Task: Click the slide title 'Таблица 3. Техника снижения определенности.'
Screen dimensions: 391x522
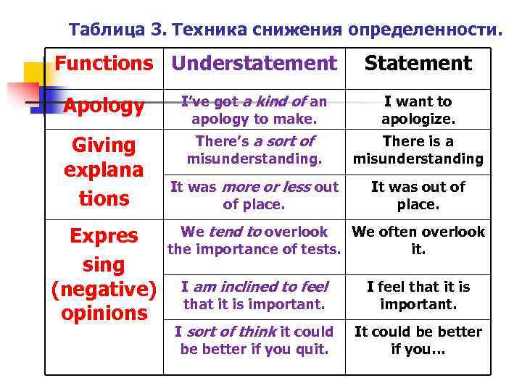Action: [284, 30]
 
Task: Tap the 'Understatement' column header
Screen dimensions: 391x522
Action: [254, 64]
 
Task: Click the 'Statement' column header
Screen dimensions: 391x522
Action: [418, 64]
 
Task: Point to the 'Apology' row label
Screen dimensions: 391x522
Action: [104, 106]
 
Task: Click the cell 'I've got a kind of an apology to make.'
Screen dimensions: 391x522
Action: [254, 109]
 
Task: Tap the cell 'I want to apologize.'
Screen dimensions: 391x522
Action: [418, 109]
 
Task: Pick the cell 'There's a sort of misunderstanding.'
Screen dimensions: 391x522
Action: [254, 150]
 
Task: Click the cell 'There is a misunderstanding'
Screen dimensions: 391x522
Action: [418, 150]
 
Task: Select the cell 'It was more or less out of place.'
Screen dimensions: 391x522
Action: [254, 195]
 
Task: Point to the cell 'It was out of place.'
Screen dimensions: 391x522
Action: [418, 195]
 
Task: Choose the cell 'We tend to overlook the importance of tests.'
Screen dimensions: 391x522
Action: [254, 241]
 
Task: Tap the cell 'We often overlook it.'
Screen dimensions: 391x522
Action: [418, 241]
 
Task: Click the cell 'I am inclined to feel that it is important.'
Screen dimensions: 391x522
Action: [254, 295]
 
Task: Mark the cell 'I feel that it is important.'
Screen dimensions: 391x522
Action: [418, 295]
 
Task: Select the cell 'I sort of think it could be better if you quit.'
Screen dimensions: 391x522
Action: [254, 341]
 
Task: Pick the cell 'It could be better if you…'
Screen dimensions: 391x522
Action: [418, 341]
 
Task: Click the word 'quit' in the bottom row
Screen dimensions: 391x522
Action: [314, 350]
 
